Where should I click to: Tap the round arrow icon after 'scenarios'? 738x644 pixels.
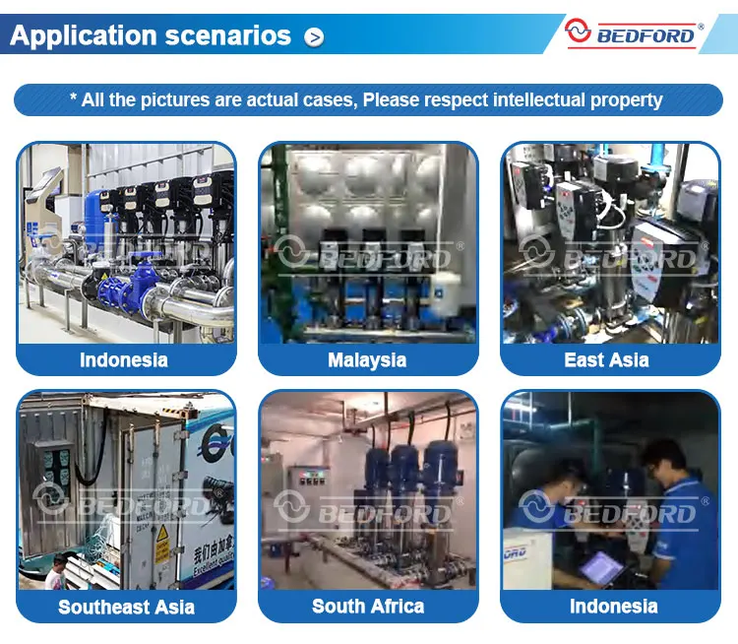[314, 37]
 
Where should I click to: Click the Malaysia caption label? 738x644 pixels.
[367, 359]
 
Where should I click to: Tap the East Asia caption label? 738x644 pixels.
[606, 359]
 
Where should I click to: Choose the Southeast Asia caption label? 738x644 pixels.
[126, 607]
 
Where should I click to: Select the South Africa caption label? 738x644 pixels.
[368, 606]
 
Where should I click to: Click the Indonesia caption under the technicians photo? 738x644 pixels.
[613, 606]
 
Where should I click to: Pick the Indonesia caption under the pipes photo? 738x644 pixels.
[124, 359]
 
